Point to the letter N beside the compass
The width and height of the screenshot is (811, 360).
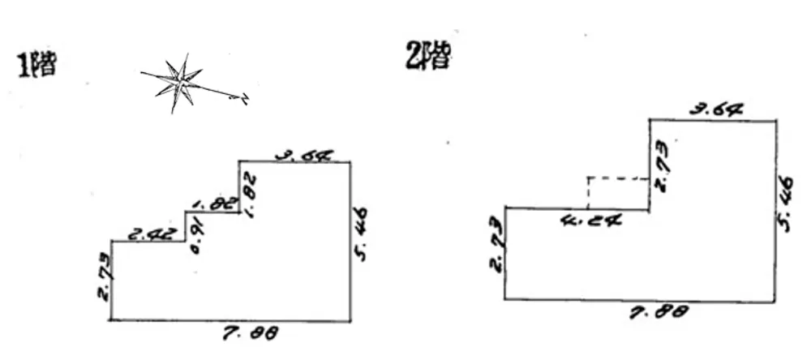click(241, 99)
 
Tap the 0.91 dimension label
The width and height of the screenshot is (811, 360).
click(195, 238)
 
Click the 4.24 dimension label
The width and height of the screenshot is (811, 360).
click(590, 219)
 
